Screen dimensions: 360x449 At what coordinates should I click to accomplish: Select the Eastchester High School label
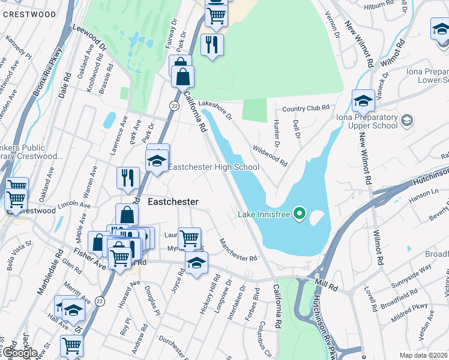214,167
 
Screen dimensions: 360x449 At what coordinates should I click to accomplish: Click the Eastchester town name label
173,202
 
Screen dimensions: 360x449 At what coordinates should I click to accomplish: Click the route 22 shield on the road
174,106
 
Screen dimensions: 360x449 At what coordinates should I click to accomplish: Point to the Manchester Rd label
238,250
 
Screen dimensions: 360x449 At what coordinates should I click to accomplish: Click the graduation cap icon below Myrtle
196,264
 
